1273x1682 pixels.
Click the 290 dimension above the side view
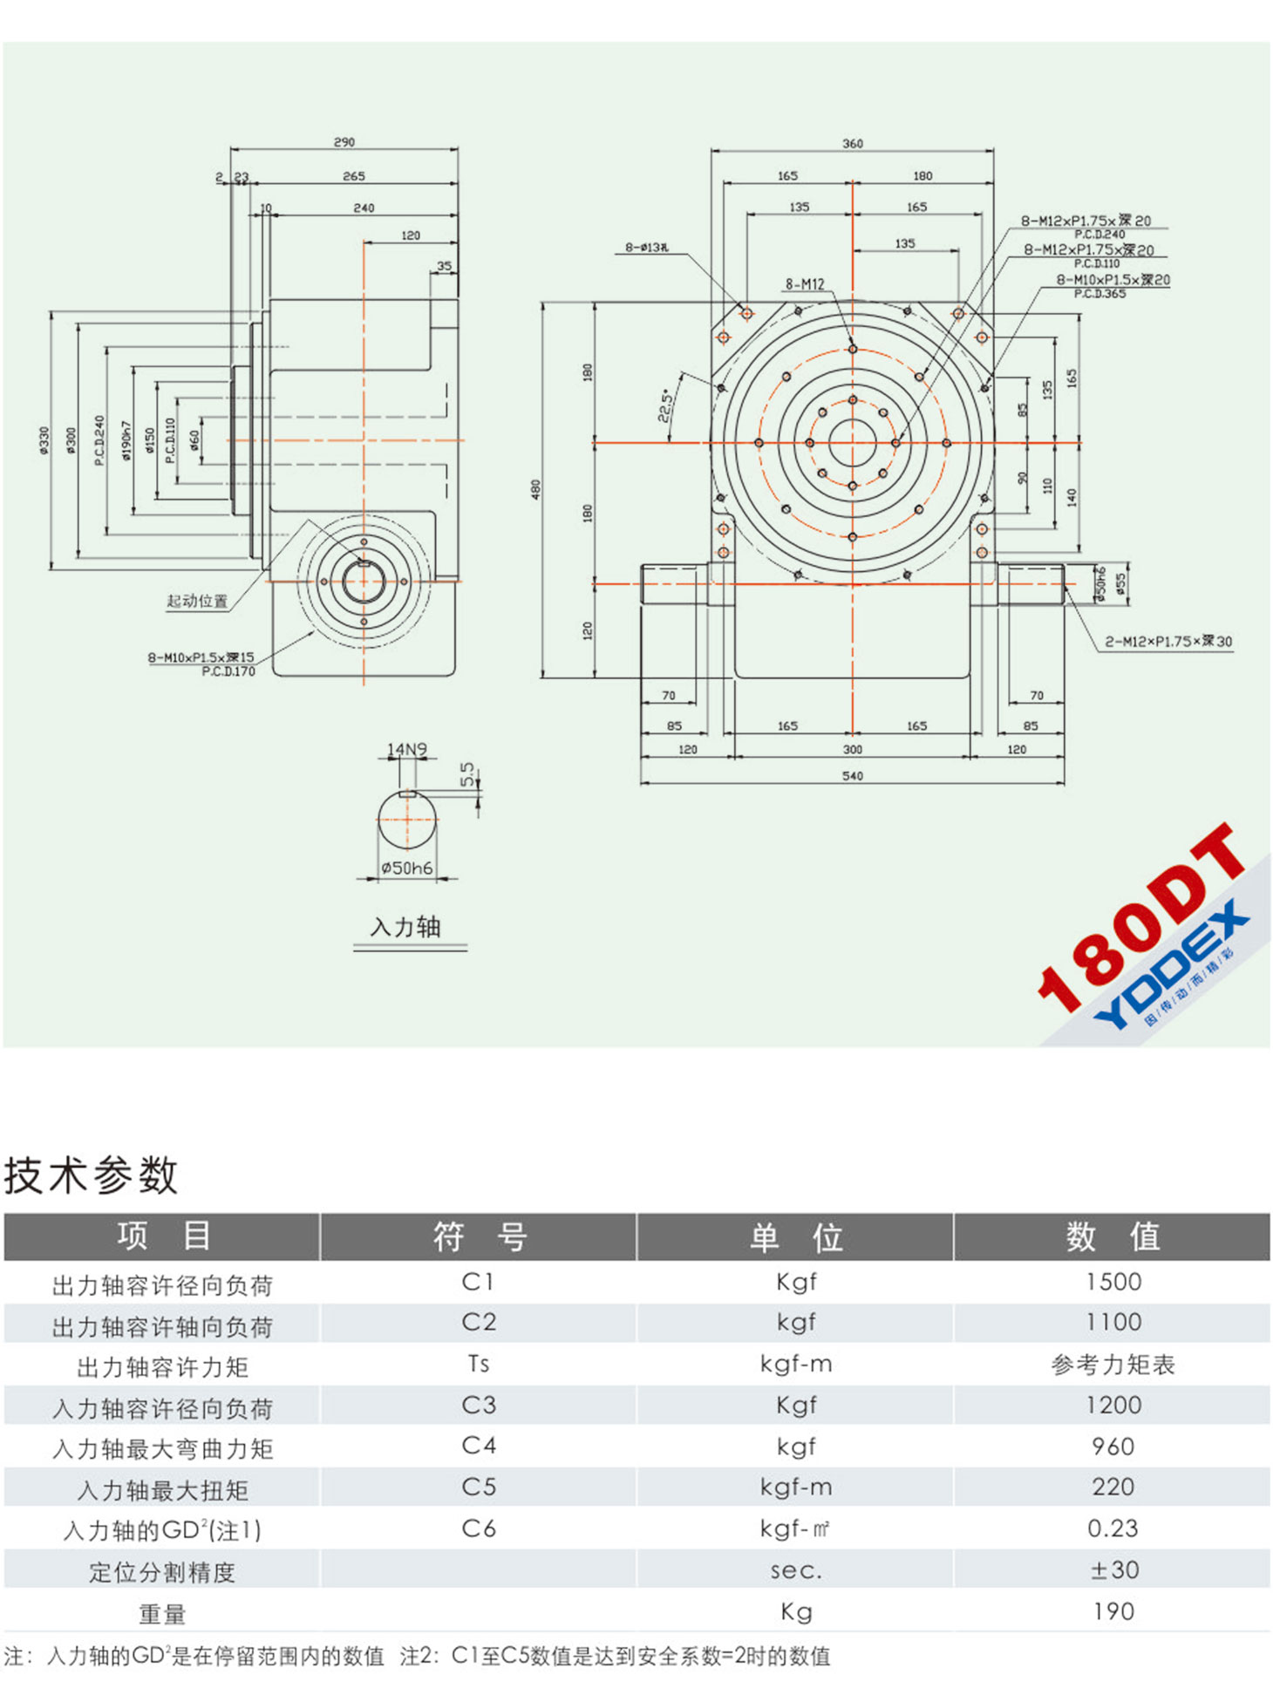(x=344, y=142)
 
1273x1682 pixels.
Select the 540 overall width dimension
(x=852, y=776)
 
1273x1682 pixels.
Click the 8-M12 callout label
(x=804, y=284)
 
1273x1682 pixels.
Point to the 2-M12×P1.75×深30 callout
(x=1167, y=642)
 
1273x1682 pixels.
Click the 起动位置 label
(x=197, y=601)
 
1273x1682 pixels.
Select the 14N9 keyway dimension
(x=407, y=749)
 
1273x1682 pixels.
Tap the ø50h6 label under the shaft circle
(x=406, y=868)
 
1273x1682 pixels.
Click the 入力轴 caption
(x=406, y=927)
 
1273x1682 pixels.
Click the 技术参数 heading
(x=92, y=1175)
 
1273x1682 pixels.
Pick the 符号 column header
(x=479, y=1236)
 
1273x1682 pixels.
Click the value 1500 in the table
(x=1113, y=1282)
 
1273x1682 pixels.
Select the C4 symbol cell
(x=479, y=1446)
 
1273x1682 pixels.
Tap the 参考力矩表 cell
(x=1113, y=1364)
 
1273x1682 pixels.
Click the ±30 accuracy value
(x=1113, y=1570)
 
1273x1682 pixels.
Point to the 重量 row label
(x=162, y=1614)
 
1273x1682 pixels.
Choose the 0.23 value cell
(x=1113, y=1529)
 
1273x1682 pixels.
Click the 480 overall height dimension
(x=536, y=489)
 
